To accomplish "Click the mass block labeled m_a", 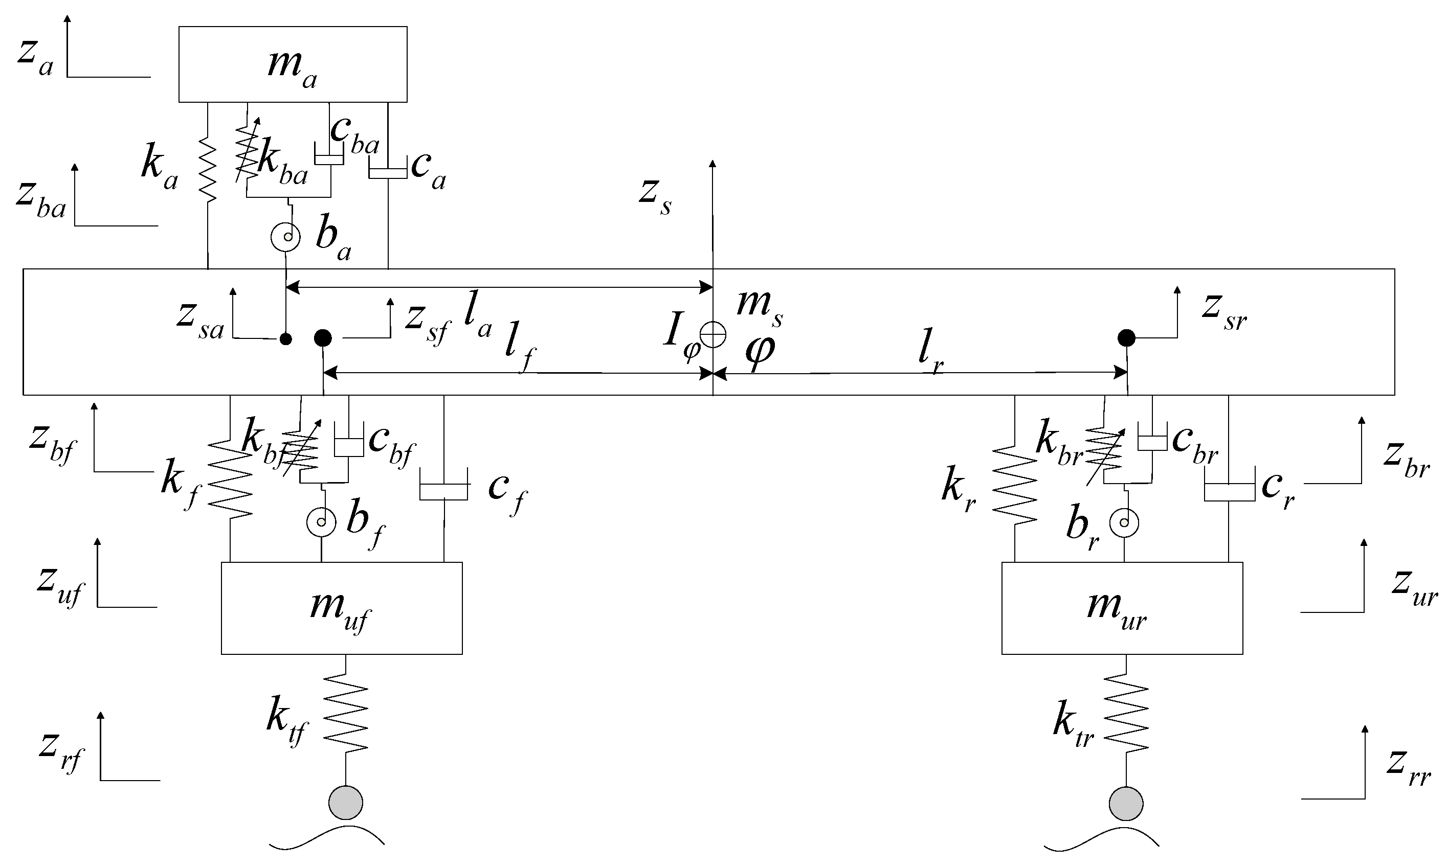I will (x=292, y=64).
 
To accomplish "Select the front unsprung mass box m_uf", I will (x=341, y=608).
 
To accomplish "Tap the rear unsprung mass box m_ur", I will (x=1122, y=608).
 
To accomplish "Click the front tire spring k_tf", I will (x=345, y=713).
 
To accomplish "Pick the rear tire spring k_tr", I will (x=1126, y=713).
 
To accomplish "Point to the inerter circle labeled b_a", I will (x=286, y=237).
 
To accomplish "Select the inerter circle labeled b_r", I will (x=1124, y=523).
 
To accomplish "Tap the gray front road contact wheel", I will (x=345, y=803).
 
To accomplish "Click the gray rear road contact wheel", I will (x=1126, y=803).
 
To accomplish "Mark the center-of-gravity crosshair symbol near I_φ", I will (x=713, y=335).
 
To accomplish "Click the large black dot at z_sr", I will (x=1126, y=338).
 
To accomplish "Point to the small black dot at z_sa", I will (x=285, y=339).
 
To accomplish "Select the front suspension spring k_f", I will (x=230, y=479).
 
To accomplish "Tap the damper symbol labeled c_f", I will (x=443, y=490).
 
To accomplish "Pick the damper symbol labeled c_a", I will (x=388, y=172).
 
